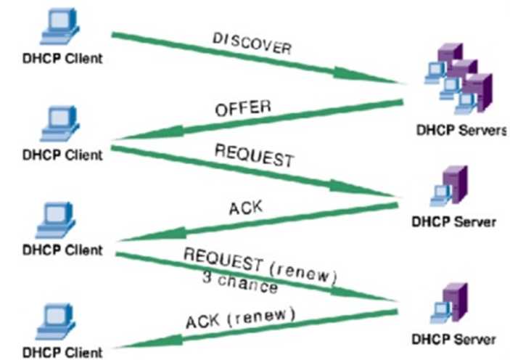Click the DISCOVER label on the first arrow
[x=252, y=44]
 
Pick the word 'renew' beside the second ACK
[x=266, y=317]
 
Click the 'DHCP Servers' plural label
[x=458, y=131]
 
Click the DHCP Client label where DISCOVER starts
[x=62, y=57]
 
